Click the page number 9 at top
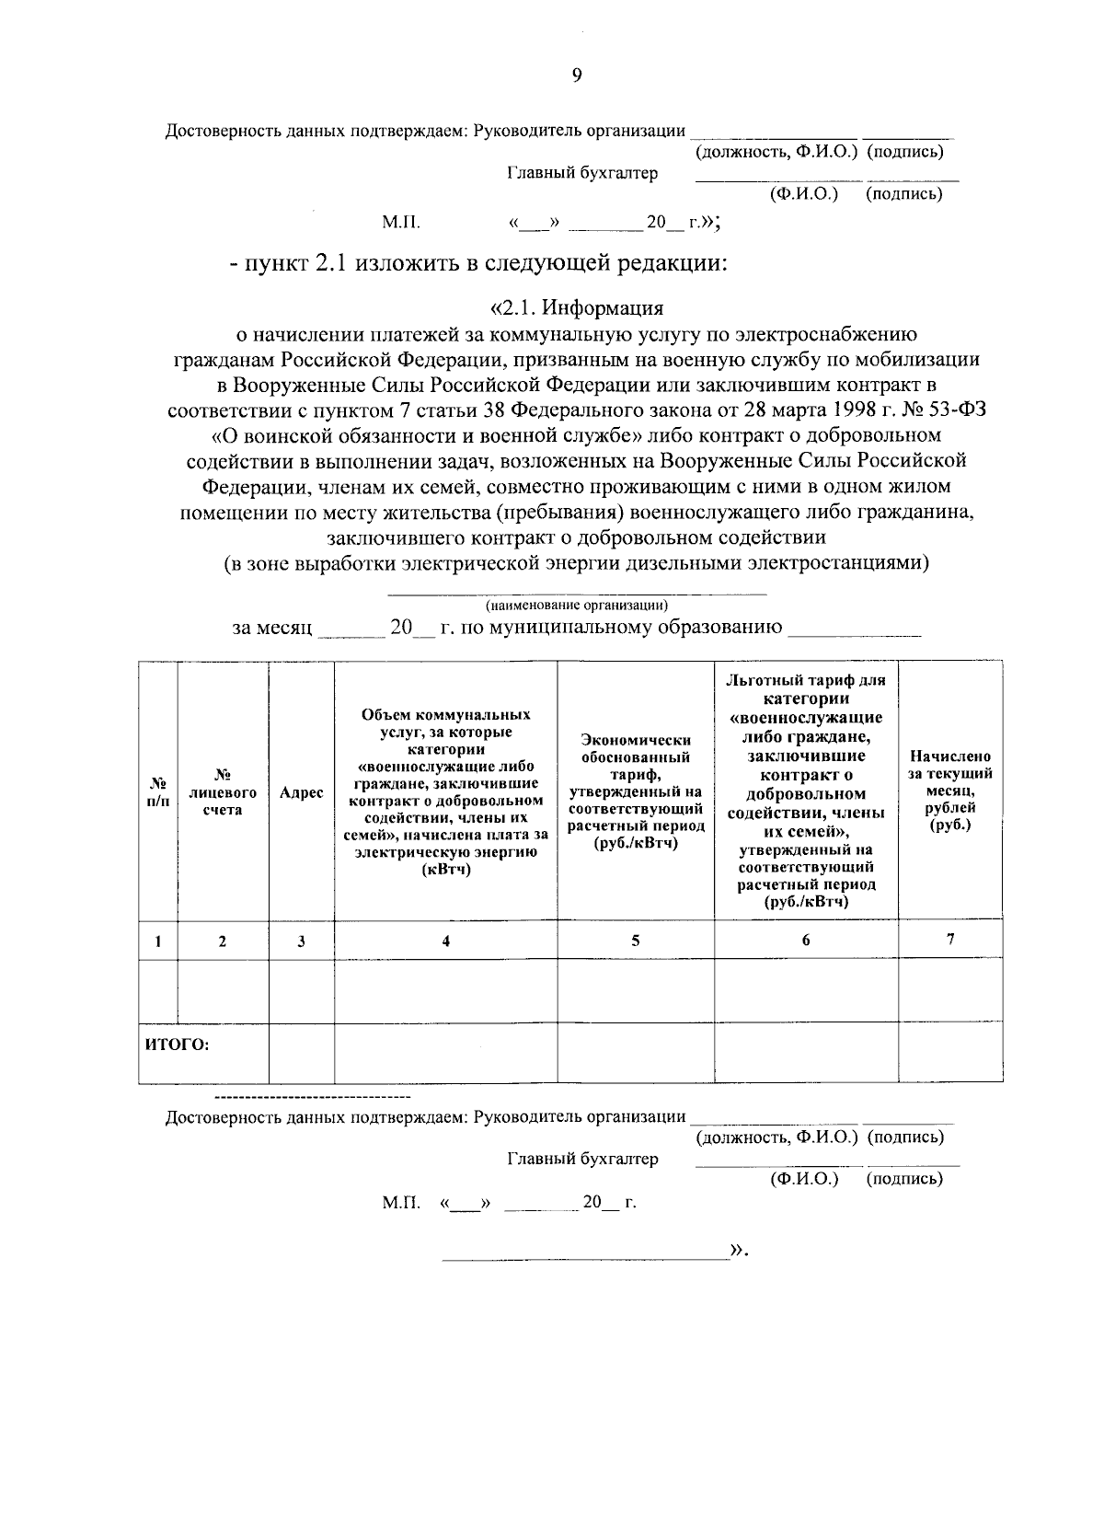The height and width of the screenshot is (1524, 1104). click(577, 76)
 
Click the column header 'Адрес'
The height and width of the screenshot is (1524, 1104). click(301, 792)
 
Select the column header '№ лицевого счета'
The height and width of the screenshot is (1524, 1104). click(222, 792)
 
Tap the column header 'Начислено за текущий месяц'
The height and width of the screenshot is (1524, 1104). click(949, 791)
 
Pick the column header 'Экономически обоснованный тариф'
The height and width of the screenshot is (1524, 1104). click(635, 791)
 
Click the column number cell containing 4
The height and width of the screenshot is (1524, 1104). click(445, 941)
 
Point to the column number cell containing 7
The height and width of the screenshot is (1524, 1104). click(949, 939)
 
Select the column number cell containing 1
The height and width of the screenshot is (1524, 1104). click(158, 941)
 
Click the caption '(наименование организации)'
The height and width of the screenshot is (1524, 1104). click(577, 605)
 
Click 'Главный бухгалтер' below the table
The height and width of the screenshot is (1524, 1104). click(582, 1159)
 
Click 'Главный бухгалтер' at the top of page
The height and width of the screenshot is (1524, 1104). click(582, 173)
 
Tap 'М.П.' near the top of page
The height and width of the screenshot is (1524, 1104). click(400, 222)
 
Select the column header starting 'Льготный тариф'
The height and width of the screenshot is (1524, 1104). click(806, 791)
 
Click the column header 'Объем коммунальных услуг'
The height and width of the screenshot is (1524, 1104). click(445, 791)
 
